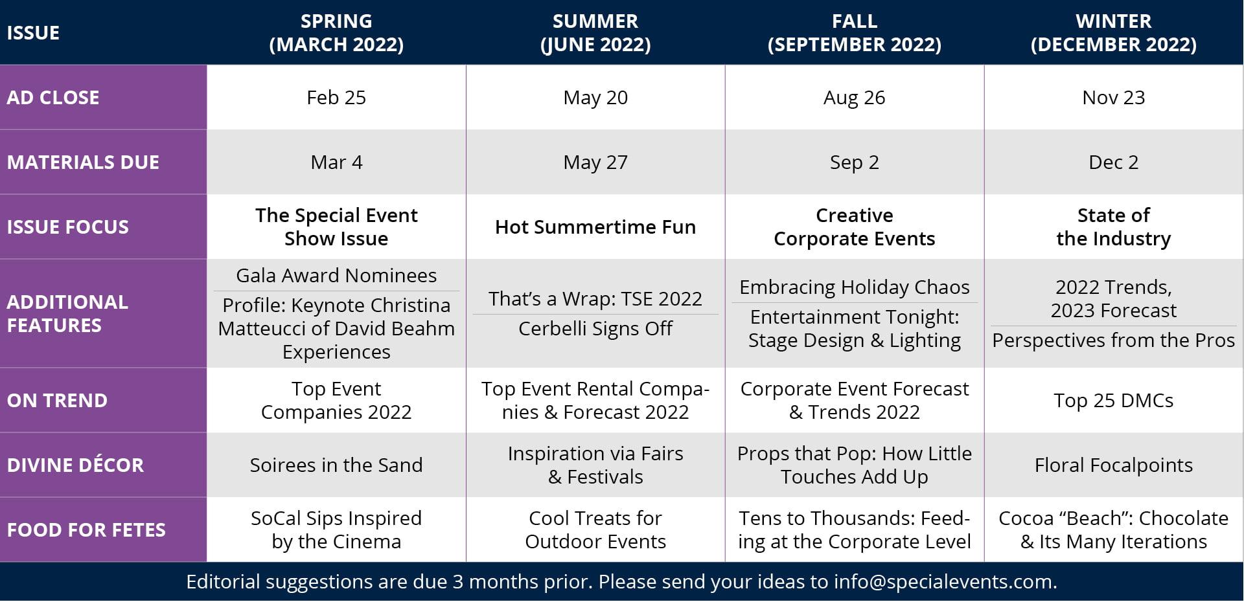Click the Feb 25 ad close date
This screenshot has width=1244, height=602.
tap(336, 98)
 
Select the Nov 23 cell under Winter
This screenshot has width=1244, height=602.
tap(1113, 98)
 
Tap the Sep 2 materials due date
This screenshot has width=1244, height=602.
tap(854, 162)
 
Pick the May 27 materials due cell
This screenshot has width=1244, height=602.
tap(595, 162)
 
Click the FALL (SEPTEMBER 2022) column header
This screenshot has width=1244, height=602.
tap(854, 32)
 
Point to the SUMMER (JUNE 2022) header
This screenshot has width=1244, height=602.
tap(595, 32)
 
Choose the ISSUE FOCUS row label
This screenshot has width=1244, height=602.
tap(68, 227)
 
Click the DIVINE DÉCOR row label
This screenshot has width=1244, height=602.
tap(75, 465)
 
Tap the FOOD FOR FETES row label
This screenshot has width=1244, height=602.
tap(86, 530)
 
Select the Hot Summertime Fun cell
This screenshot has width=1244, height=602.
tap(595, 227)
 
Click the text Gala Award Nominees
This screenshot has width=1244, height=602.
tap(336, 276)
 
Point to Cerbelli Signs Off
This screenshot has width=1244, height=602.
tap(595, 329)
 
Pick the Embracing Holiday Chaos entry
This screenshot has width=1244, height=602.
tap(854, 287)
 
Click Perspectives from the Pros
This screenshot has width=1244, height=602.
tap(1113, 340)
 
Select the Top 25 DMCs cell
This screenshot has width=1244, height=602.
tap(1113, 401)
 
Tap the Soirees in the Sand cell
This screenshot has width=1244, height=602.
tap(336, 465)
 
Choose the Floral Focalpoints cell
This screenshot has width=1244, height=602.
tap(1113, 465)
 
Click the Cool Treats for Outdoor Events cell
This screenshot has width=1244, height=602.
tap(595, 530)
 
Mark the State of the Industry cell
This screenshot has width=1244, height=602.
tap(1113, 227)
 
